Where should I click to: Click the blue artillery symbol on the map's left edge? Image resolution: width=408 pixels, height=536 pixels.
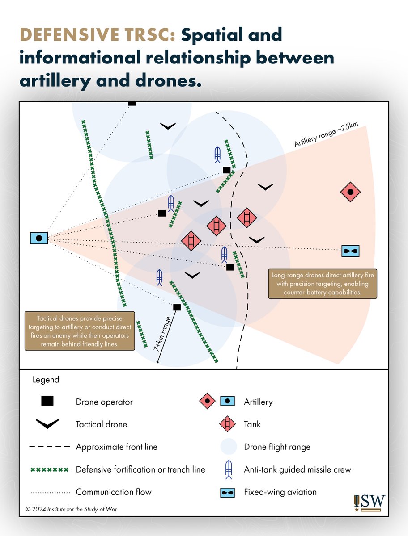coord(39,239)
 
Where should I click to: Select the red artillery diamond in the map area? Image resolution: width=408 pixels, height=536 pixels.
coord(350,192)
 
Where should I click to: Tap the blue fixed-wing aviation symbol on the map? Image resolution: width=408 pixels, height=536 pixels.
coord(351,251)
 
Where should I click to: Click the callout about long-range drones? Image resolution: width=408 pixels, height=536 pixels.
coord(323,284)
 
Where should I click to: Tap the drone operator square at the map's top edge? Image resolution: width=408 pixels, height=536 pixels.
coord(132,103)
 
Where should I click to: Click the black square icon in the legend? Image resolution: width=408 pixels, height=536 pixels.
coord(47,401)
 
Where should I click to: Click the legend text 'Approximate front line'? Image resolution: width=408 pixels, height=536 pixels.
coord(116,447)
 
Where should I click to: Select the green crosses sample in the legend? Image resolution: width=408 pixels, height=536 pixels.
coord(49,469)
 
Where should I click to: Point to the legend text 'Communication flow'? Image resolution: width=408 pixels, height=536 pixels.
coord(114,492)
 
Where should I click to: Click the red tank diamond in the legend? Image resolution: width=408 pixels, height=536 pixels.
coord(228,424)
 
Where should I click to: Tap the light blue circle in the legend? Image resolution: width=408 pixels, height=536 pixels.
coord(228,447)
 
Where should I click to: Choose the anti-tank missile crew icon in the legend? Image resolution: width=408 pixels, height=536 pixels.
coord(228,469)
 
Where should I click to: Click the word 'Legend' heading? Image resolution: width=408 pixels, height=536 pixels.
coord(46,380)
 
